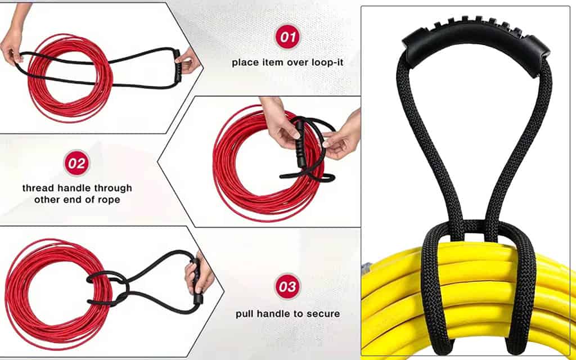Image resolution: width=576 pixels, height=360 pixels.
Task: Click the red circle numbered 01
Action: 287,37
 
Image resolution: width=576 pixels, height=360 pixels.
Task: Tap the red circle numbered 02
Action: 76,163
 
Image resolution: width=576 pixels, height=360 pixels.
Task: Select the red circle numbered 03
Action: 287,286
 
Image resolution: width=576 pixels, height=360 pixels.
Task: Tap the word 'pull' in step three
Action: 244,314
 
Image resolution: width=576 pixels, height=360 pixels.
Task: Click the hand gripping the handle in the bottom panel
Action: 200,274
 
